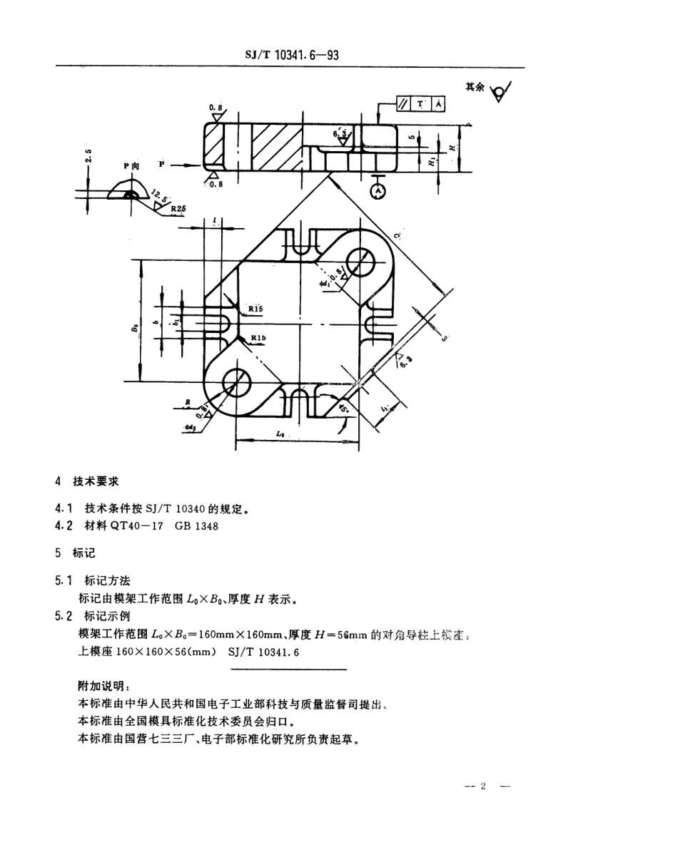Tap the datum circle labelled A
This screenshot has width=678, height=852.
378,191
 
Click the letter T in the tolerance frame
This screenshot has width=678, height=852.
420,104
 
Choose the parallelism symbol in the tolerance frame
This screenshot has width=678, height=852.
403,104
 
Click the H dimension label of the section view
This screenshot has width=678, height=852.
452,146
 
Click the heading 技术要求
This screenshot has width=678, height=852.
96,482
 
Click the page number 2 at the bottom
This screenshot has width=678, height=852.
482,786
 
